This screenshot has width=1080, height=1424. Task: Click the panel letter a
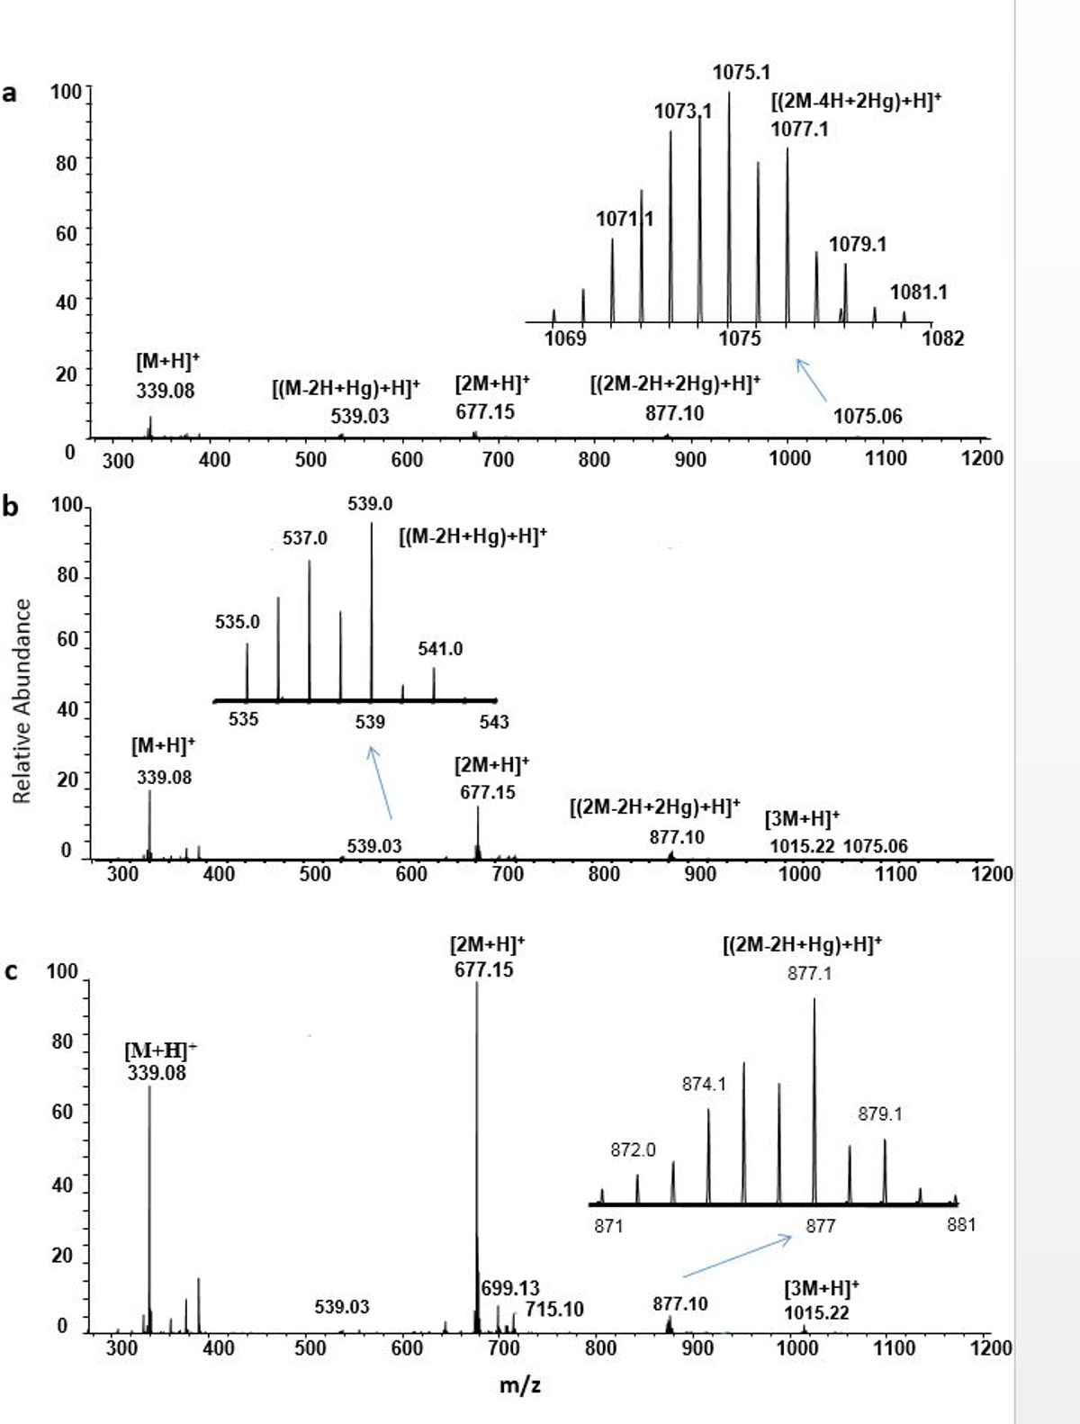[x=11, y=93]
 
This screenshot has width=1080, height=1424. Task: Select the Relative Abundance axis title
[x=22, y=700]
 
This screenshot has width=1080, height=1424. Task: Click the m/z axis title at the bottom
[x=520, y=1385]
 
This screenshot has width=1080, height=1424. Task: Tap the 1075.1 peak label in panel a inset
[x=742, y=72]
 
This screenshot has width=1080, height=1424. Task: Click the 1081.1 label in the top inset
[x=918, y=293]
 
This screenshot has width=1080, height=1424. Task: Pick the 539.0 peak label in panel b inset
[x=370, y=504]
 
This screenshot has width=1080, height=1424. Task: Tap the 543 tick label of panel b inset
[x=493, y=722]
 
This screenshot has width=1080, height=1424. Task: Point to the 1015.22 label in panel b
[x=802, y=847]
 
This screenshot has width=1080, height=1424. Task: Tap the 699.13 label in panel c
[x=510, y=1289]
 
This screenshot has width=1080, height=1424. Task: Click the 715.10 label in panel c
[x=554, y=1309]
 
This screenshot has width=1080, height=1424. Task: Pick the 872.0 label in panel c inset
[x=634, y=1150]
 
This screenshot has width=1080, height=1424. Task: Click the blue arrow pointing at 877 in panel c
[x=737, y=1256]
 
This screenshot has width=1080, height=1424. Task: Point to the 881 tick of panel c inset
[x=961, y=1225]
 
